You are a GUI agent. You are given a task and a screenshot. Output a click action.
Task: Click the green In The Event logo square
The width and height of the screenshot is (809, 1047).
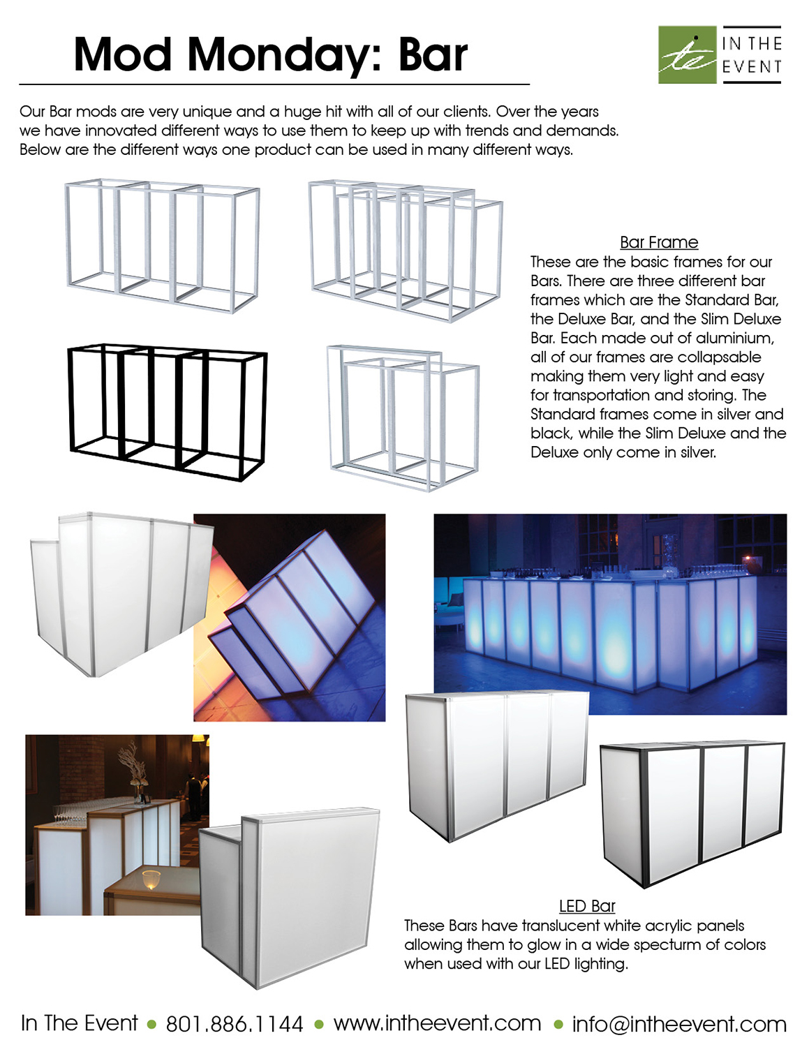point(687,55)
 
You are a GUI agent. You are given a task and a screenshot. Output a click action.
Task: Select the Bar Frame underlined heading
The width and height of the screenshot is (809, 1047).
point(658,242)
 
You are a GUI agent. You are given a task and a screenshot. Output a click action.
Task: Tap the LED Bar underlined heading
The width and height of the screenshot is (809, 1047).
point(586,906)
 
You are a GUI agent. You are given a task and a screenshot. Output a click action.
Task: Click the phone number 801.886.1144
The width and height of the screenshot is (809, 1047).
point(234,1024)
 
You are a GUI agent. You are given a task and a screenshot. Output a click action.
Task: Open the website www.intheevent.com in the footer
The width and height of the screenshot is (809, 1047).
point(437,1023)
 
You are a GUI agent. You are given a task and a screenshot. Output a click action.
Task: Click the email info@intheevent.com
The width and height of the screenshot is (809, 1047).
point(678,1024)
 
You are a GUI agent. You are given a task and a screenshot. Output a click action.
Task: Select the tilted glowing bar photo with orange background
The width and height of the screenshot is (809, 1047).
point(289,617)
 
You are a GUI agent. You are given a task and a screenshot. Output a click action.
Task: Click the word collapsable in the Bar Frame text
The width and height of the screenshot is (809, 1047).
point(720,357)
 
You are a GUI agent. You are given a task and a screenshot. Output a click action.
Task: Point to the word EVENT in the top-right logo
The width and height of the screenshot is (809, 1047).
point(751,67)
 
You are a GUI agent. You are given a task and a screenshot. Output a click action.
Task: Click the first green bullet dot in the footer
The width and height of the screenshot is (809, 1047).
point(151,1025)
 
